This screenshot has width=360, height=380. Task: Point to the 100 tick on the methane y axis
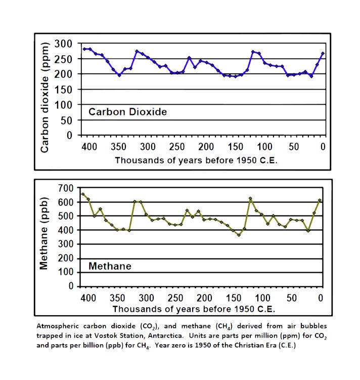[68, 272]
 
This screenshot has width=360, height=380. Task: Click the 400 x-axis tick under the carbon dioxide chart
[89, 147]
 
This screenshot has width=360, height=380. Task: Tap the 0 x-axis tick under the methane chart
[320, 298]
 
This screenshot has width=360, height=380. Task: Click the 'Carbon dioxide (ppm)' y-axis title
[45, 90]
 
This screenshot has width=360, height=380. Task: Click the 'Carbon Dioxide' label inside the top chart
[127, 112]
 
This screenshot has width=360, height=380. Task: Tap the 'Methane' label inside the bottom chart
[110, 266]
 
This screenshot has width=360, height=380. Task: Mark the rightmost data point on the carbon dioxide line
[323, 54]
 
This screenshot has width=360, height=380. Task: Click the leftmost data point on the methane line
[83, 194]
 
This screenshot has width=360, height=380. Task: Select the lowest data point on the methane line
[239, 235]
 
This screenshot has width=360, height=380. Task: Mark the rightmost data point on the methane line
[320, 200]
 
